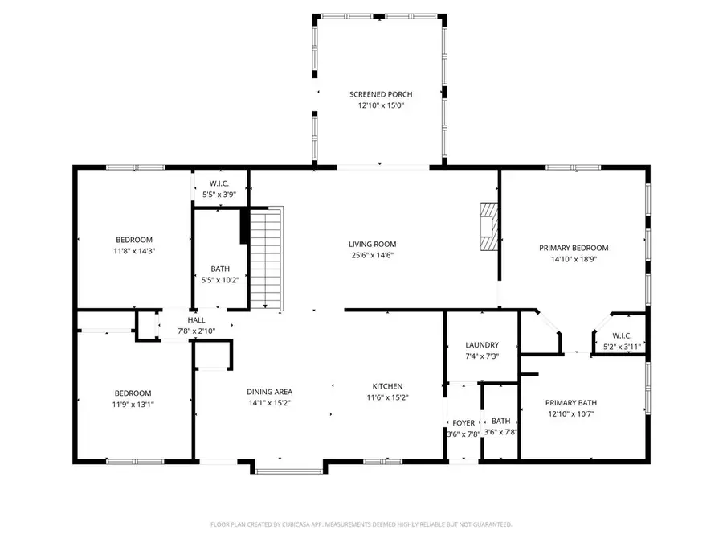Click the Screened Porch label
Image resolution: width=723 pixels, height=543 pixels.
point(380,94)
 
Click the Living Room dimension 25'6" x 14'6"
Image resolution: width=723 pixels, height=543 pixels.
point(372,256)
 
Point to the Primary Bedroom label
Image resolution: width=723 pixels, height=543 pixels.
point(573,248)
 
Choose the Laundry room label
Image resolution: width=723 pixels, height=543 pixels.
point(482,344)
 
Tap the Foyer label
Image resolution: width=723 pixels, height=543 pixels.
point(463,422)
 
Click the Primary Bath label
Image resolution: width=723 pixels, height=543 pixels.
point(571,403)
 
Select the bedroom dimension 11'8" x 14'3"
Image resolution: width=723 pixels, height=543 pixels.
point(134,250)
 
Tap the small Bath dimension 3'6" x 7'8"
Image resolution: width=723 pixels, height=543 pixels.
point(501,432)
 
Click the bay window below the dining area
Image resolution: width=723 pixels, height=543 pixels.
point(290,467)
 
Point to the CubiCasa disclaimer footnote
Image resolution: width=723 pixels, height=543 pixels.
point(361,524)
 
